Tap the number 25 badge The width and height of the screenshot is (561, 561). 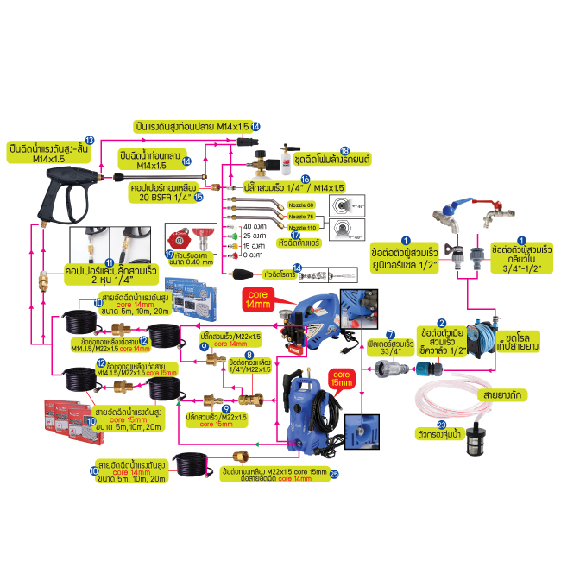pyautogui.click(x=334, y=474)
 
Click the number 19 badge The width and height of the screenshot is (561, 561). pyautogui.click(x=170, y=254)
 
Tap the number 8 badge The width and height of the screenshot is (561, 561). pyautogui.click(x=249, y=354)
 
